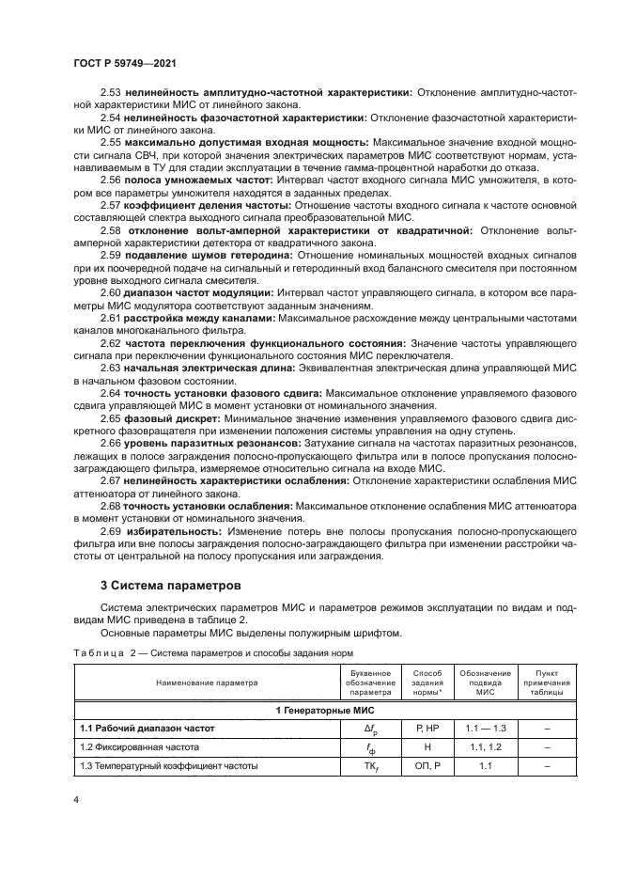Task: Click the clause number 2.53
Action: point(112,93)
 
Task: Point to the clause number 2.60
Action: point(112,292)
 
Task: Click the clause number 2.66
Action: point(112,442)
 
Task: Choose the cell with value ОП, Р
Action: point(420,766)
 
